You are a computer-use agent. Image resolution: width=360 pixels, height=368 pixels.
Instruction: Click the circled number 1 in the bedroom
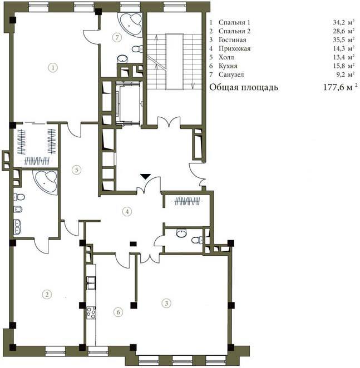(53, 68)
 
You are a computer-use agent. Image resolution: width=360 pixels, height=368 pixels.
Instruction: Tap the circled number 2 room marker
(47, 294)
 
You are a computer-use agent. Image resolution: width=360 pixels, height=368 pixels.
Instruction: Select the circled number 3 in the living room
(166, 303)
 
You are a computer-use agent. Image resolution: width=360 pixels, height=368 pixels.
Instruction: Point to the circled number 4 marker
(127, 211)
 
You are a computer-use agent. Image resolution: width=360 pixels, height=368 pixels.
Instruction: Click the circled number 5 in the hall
(77, 170)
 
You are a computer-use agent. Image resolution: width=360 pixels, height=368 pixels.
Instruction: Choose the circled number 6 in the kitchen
(118, 312)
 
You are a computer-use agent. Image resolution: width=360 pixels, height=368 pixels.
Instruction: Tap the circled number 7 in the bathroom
(117, 37)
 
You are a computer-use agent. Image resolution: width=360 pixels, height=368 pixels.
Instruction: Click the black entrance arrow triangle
(146, 176)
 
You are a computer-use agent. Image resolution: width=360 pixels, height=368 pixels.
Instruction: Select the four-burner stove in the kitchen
(91, 312)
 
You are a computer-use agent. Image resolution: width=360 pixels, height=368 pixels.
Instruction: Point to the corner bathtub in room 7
(131, 24)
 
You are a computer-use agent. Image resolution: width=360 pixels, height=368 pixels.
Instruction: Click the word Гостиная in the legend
(233, 39)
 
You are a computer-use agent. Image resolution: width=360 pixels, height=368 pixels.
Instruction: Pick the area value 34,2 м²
(344, 22)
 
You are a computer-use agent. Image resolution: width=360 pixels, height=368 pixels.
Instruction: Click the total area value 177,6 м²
(341, 87)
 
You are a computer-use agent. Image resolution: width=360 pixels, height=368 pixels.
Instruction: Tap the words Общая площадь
(244, 87)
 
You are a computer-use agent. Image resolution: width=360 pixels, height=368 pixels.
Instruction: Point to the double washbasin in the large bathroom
(17, 227)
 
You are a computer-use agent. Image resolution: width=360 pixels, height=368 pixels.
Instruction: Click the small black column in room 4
(133, 244)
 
